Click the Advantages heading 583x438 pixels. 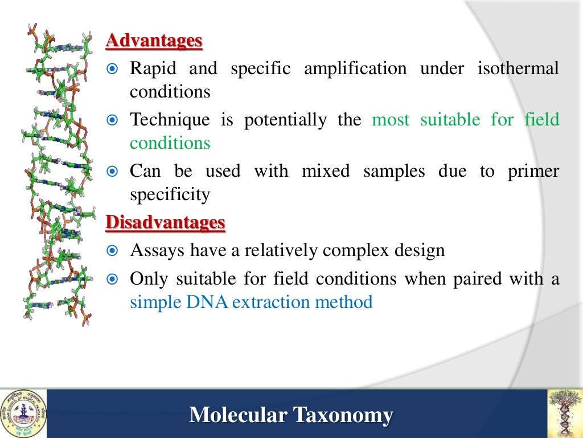tap(154, 41)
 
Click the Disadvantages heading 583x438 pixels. tap(166, 222)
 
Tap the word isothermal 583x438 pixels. tap(518, 69)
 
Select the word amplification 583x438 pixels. tap(355, 69)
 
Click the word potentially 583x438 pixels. tap(286, 120)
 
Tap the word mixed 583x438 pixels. tap(326, 172)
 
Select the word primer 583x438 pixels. tap(533, 172)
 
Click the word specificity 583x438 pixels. tap(170, 195)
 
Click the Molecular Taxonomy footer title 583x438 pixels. tap(291, 415)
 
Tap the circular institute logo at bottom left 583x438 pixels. tap(23, 413)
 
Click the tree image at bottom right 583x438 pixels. tap(564, 413)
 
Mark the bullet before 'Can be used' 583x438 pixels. tap(113, 171)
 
